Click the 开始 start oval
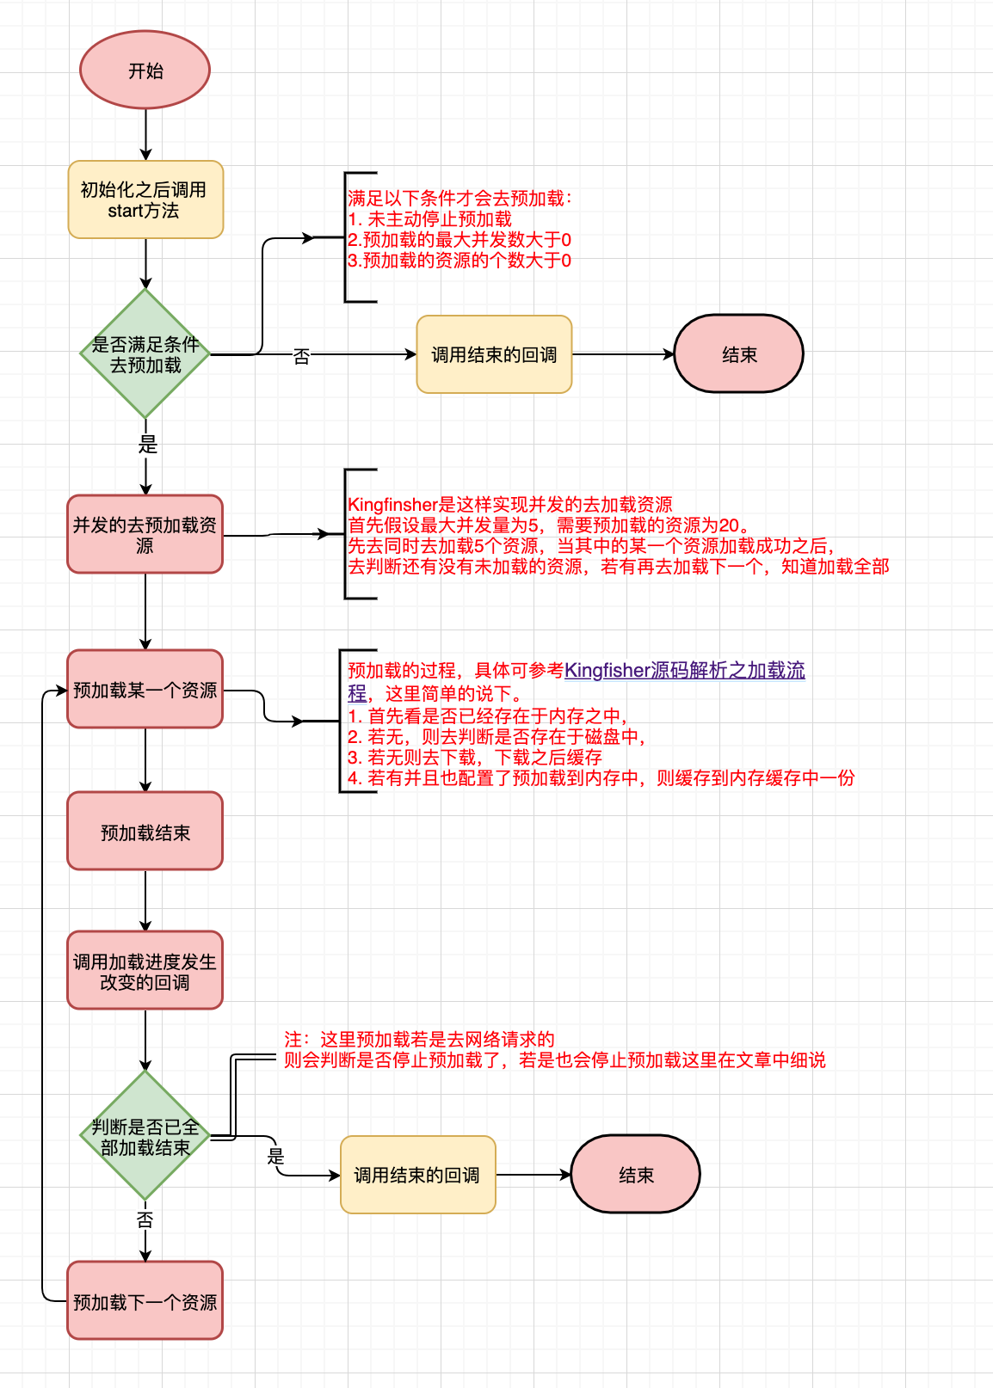(145, 71)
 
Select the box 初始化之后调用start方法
(145, 200)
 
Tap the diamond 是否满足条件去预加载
(145, 354)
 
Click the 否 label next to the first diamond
(301, 355)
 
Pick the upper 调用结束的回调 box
(494, 354)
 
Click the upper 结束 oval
(738, 354)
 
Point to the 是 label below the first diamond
(148, 445)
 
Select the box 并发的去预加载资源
(145, 534)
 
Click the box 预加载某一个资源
(145, 690)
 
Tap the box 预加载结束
(145, 832)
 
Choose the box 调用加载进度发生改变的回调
(145, 971)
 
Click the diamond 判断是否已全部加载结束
(145, 1136)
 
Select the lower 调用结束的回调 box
(417, 1175)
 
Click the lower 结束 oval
(635, 1175)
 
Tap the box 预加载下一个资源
(145, 1301)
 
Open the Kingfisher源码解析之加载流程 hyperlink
(684, 671)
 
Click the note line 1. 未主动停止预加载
(430, 219)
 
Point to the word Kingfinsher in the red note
(392, 505)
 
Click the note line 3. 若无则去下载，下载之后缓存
(475, 758)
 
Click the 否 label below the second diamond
(145, 1219)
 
